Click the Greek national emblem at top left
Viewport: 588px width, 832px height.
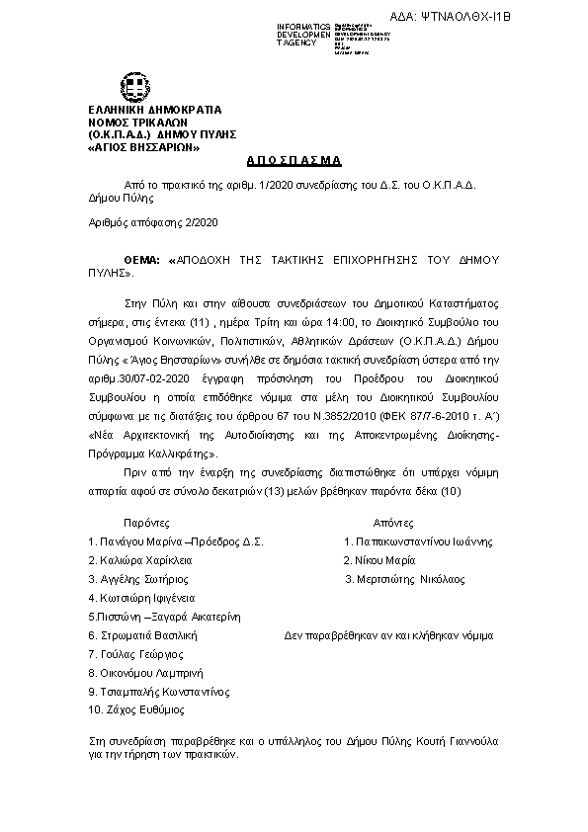(135, 87)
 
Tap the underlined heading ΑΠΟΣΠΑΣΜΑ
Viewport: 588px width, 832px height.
(293, 160)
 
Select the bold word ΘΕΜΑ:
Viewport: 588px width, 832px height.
(105, 259)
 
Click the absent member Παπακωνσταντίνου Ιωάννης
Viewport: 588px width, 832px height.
(423, 541)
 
